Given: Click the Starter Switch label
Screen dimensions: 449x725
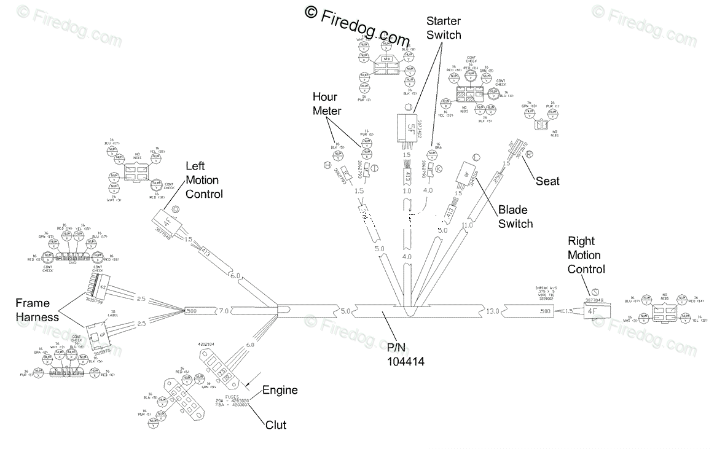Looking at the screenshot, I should pyautogui.click(x=444, y=28).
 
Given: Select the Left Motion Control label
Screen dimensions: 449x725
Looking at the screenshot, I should pyautogui.click(x=204, y=180).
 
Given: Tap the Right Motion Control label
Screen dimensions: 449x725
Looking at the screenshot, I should pyautogui.click(x=586, y=255).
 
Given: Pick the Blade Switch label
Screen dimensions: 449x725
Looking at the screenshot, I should pyautogui.click(x=515, y=216).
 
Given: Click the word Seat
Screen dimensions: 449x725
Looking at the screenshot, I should pyautogui.click(x=547, y=181).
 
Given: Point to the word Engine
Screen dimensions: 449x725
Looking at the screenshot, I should pyautogui.click(x=280, y=390).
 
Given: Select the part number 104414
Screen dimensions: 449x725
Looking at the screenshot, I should pyautogui.click(x=406, y=356).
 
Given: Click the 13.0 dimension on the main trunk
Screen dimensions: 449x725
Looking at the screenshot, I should pyautogui.click(x=493, y=311).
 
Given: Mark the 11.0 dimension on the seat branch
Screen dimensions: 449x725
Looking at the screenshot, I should pyautogui.click(x=467, y=225).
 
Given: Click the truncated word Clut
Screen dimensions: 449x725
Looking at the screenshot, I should pyautogui.click(x=276, y=424).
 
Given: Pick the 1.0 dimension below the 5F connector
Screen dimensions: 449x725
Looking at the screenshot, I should pyautogui.click(x=407, y=191).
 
